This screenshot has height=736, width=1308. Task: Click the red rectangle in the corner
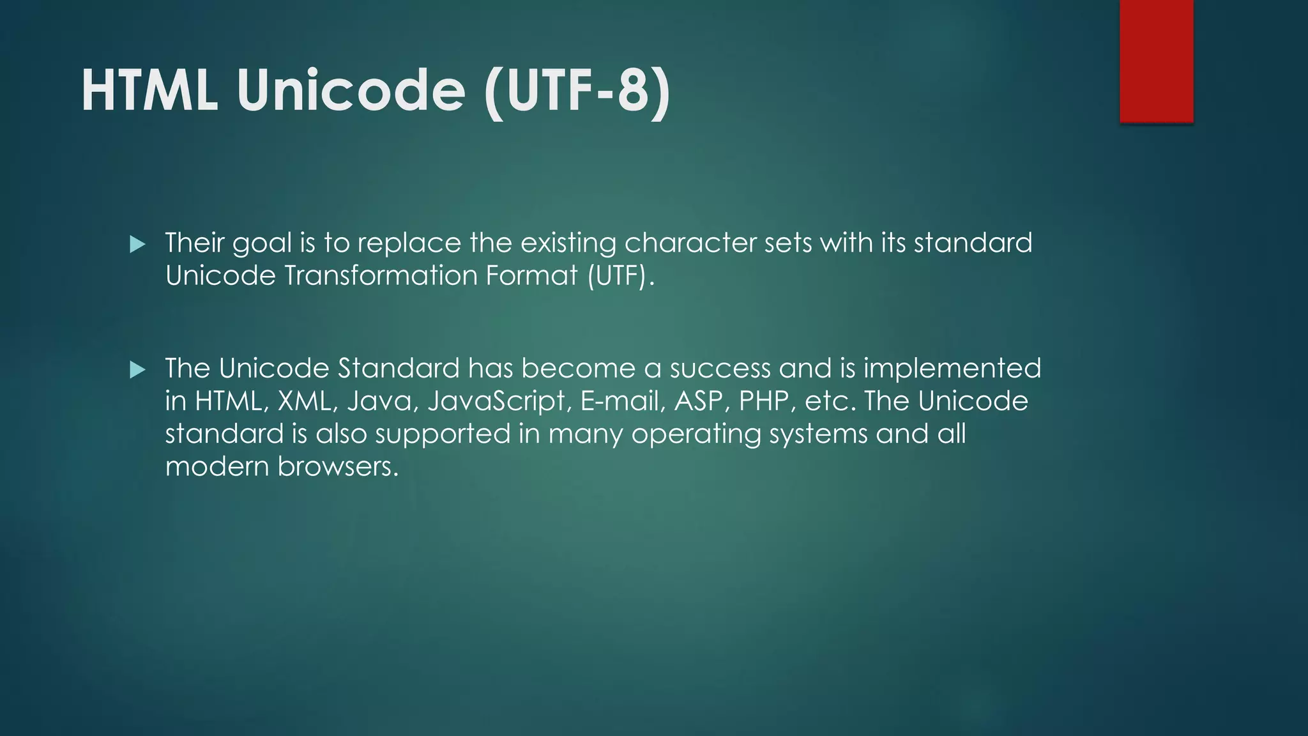click(1156, 61)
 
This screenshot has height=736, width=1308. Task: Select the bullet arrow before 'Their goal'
click(137, 244)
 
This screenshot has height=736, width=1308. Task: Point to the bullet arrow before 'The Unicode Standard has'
click(137, 369)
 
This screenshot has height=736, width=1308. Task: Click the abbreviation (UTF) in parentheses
click(617, 276)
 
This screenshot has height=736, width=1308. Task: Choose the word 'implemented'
click(952, 369)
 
